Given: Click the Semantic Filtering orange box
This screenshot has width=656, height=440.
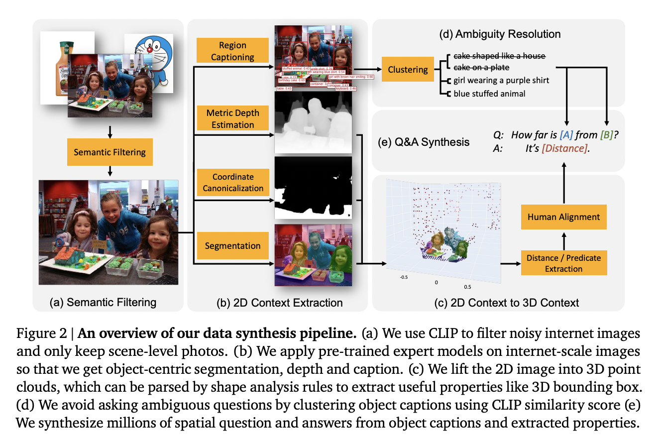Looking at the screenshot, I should (110, 152).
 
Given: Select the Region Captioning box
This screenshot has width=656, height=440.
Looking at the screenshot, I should (232, 51).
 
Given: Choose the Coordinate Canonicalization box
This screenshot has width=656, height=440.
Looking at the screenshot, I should (233, 182).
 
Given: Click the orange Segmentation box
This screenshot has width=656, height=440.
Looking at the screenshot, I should (232, 245).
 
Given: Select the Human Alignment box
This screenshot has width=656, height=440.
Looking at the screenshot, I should (563, 217).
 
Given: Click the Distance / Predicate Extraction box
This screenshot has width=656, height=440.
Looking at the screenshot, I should (563, 263).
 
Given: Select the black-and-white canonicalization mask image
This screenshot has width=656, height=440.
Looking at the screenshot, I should (313, 188).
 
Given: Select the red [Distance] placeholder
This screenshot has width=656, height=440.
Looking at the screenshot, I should (563, 148).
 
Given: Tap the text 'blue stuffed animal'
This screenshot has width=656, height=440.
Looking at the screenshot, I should (489, 93).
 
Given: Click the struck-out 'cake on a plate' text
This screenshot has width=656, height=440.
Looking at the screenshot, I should (482, 67).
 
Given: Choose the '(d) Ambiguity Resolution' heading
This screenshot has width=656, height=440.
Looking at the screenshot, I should (500, 34).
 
